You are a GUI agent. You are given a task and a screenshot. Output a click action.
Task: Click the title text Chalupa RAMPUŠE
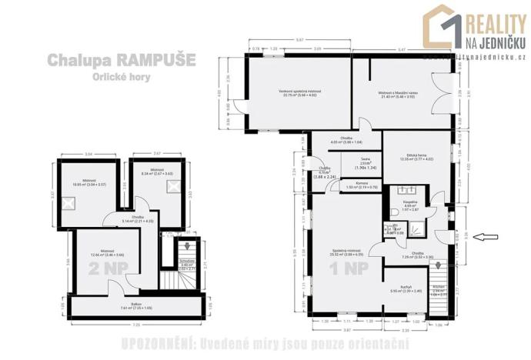click(x=122, y=59)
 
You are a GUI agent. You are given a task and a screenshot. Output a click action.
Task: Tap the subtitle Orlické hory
click(x=120, y=78)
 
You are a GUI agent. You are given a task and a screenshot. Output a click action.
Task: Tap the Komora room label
click(x=361, y=185)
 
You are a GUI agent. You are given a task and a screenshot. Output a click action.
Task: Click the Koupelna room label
click(x=411, y=205)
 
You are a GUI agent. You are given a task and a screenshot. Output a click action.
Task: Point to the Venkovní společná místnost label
click(x=299, y=94)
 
